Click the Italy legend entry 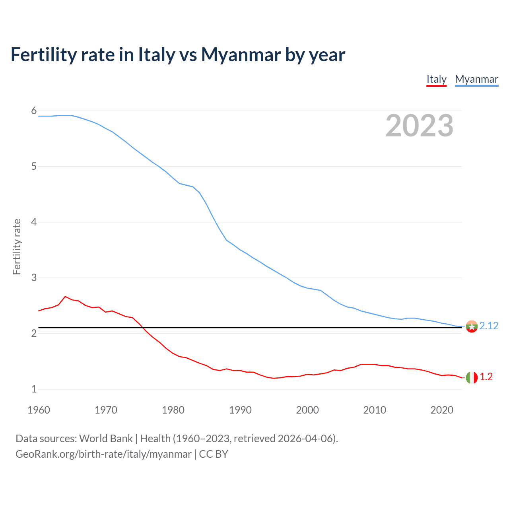pos(436,79)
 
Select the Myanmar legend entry pos(476,79)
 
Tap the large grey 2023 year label pos(419,126)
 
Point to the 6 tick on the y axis pos(34,111)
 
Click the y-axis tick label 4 pos(34,222)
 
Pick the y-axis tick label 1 pos(34,389)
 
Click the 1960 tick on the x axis pos(39,410)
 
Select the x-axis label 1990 pos(240,410)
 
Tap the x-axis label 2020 pos(442,410)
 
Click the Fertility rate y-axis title pos(17,247)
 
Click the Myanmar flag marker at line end pos(472,326)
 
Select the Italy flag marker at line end pos(472,377)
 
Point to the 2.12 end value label pos(489,326)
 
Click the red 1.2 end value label pos(486,377)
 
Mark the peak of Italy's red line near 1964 pos(65,297)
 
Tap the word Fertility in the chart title pos(43,54)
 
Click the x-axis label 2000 pos(307,410)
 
